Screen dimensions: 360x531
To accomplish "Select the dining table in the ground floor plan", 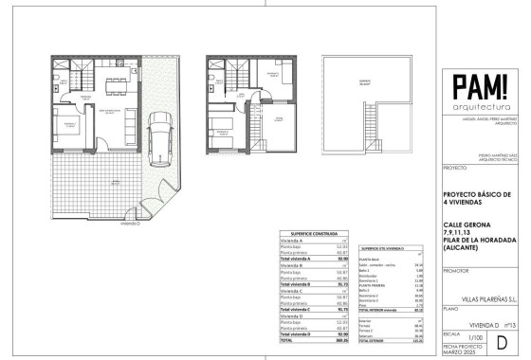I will pyautogui.click(x=117, y=82).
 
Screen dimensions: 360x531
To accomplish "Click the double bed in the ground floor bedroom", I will pyautogui.click(x=65, y=135).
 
